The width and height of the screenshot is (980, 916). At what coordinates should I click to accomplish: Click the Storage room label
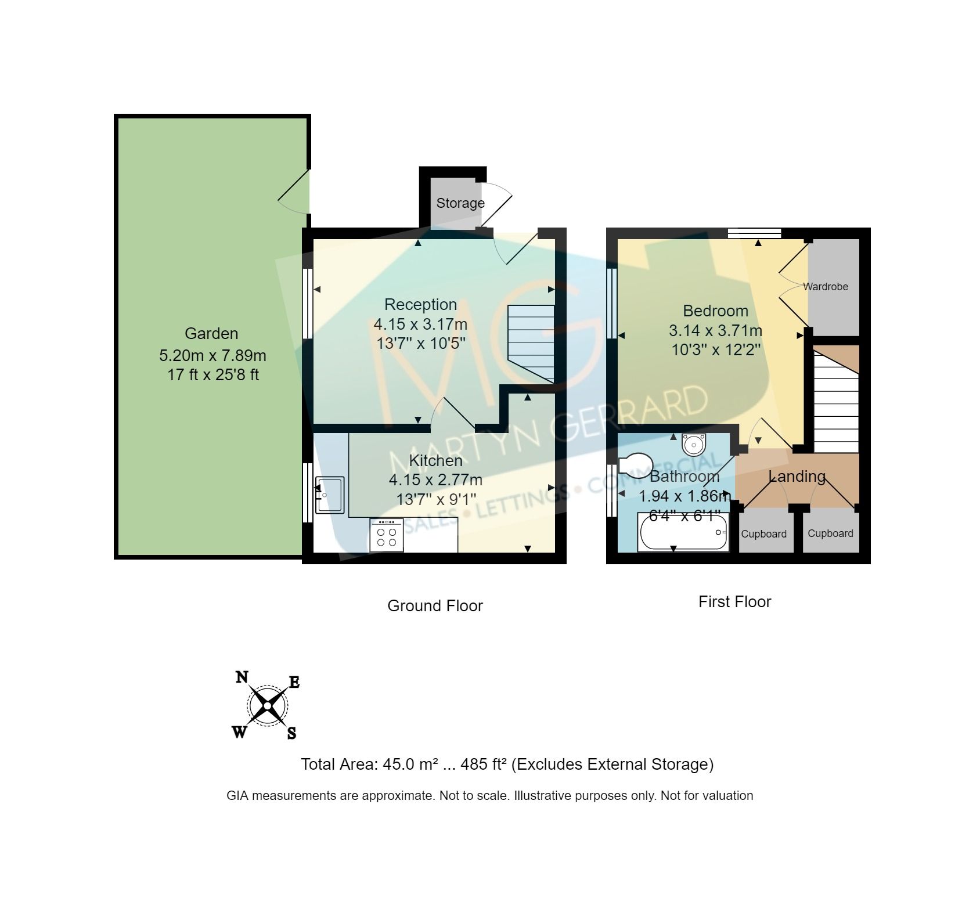click(460, 203)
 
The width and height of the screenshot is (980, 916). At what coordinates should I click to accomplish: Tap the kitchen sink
click(329, 495)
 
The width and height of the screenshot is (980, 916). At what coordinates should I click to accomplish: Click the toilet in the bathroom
click(635, 464)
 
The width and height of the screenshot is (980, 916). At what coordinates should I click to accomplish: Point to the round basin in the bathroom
click(693, 445)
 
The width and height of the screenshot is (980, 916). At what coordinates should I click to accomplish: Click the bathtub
click(682, 532)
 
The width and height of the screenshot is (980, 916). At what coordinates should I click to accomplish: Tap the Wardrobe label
click(826, 287)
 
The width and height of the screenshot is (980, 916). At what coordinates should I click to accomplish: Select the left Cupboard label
click(763, 534)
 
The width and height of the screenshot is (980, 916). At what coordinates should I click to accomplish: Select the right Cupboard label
click(830, 533)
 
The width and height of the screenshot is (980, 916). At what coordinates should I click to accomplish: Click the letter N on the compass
click(242, 677)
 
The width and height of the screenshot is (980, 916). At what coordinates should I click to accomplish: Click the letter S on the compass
click(291, 733)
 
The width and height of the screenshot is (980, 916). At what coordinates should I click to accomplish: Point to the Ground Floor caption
click(435, 606)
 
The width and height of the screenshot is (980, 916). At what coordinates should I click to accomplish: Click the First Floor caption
click(734, 602)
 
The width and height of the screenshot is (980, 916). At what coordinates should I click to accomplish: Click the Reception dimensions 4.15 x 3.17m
click(420, 324)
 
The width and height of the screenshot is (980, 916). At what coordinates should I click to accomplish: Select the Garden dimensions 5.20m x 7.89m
click(212, 355)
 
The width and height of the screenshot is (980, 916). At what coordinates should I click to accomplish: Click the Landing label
click(797, 477)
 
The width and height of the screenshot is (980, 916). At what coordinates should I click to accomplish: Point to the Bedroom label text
click(715, 311)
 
